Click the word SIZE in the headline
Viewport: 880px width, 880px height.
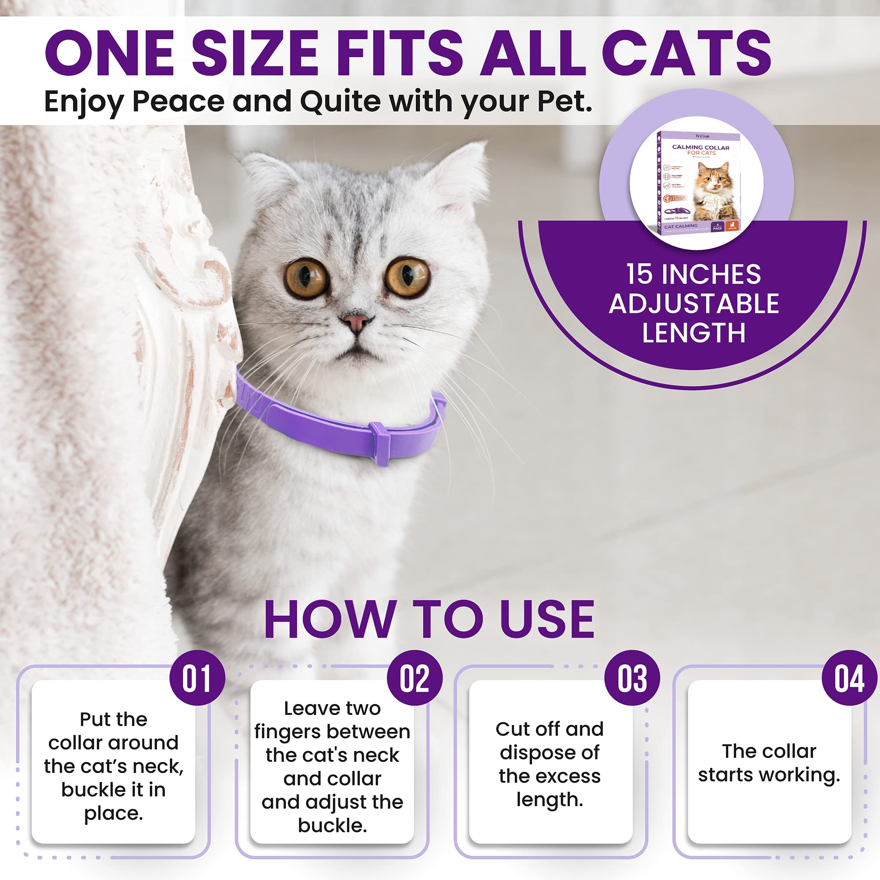(255, 54)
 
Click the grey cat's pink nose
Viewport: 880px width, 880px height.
(356, 323)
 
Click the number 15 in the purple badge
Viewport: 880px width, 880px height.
(639, 275)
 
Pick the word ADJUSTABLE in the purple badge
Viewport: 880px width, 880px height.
(694, 304)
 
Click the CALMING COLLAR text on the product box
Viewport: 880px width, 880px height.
(700, 147)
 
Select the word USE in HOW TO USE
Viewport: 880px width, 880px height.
(547, 620)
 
